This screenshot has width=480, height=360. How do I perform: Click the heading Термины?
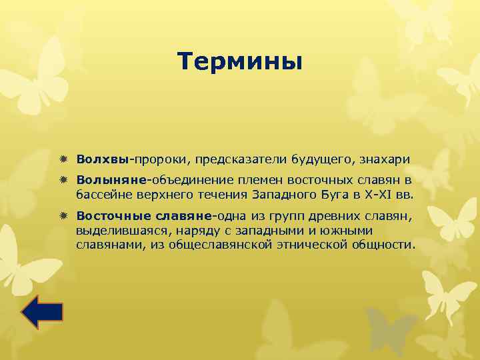tap(240, 62)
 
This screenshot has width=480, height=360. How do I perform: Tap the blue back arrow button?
tap(42, 312)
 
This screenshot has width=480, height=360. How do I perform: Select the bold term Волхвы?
tap(102, 159)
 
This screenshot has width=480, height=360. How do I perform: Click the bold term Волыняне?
tap(111, 180)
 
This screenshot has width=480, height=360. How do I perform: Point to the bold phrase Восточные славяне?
tap(143, 216)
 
